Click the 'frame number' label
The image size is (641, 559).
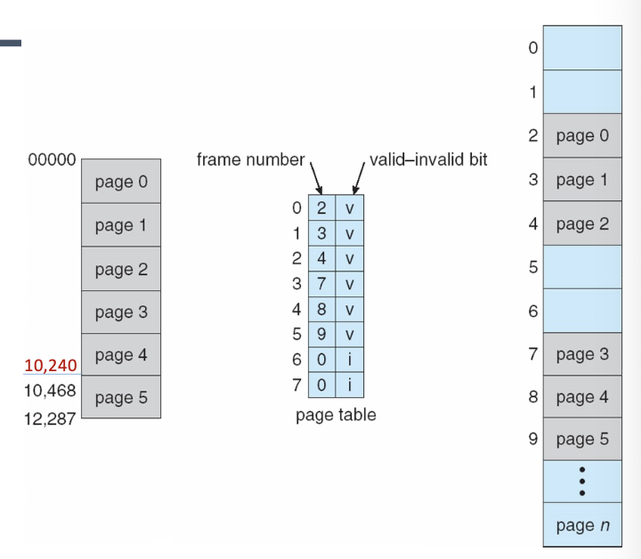point(251,161)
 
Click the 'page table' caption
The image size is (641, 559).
point(335,415)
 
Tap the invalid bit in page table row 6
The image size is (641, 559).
point(350,361)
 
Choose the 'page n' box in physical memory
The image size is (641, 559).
point(582,524)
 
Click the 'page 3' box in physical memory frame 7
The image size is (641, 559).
point(582,354)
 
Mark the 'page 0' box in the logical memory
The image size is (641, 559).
point(121,182)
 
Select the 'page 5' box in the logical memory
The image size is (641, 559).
point(121,397)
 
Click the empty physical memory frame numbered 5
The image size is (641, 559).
point(582,265)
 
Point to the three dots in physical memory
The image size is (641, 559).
point(582,482)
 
